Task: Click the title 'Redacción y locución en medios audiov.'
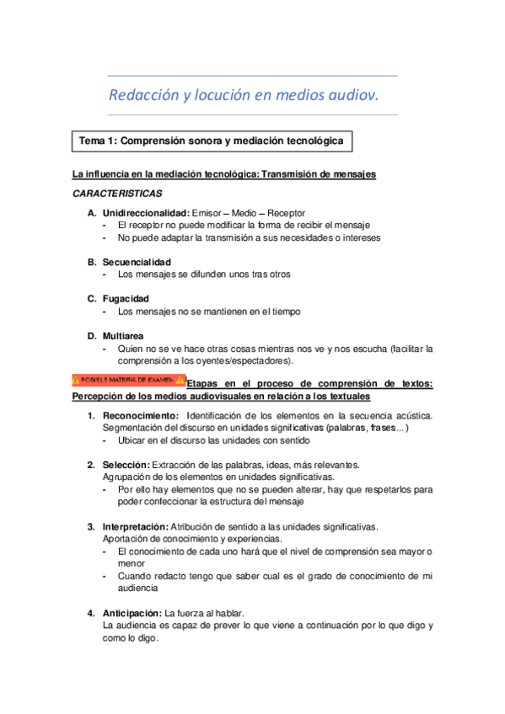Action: [x=244, y=95]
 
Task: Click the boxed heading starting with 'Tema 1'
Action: [x=212, y=141]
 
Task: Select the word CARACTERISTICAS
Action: [x=117, y=194]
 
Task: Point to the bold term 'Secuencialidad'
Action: [x=137, y=262]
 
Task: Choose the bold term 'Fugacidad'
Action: [x=126, y=299]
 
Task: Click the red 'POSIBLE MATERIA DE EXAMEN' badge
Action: [x=128, y=381]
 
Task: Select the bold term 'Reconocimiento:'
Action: [x=141, y=416]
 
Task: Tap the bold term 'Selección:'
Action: [x=126, y=465]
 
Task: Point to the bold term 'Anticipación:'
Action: [x=132, y=612]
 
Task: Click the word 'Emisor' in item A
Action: [x=209, y=213]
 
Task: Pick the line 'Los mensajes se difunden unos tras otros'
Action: [x=205, y=274]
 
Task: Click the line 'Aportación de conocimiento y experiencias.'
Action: [x=193, y=539]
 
